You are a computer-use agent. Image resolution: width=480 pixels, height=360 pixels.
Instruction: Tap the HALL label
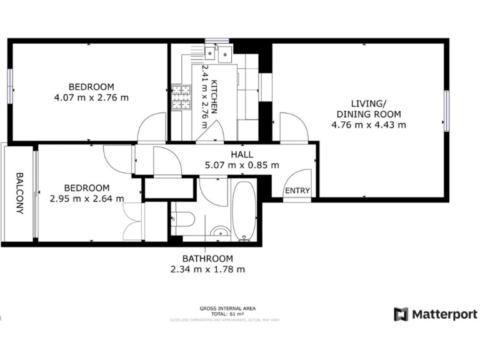[x=242, y=154]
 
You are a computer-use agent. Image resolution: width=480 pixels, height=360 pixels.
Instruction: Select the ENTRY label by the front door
[x=297, y=191]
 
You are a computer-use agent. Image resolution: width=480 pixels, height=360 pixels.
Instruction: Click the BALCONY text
[x=19, y=193]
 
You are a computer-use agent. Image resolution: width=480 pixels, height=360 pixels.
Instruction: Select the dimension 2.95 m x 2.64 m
[x=87, y=199]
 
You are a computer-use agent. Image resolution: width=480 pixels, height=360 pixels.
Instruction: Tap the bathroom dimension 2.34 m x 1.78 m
[x=207, y=269]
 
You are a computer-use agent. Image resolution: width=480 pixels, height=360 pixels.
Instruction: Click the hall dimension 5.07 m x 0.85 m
[x=242, y=165]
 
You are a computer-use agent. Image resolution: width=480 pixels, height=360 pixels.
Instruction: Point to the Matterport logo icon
[x=401, y=314]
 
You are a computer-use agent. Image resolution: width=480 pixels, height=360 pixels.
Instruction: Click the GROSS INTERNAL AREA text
[x=227, y=308]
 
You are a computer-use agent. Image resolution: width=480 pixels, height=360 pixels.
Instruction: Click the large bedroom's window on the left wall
[x=11, y=84]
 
